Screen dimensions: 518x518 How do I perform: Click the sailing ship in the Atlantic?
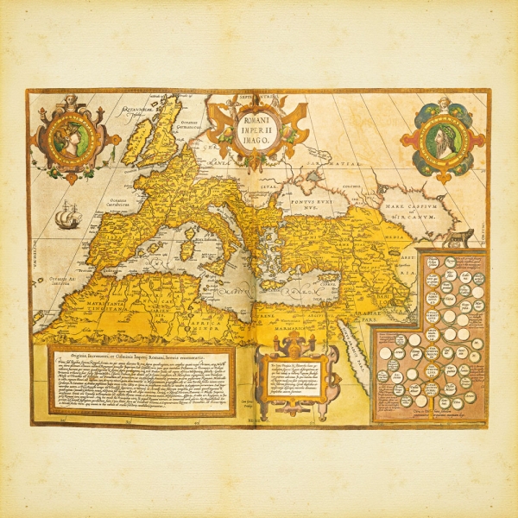click(67, 215)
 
